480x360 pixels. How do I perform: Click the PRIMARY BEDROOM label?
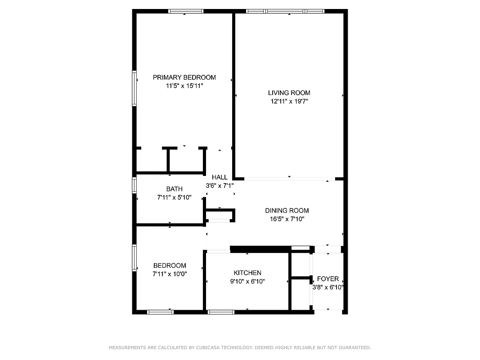[184, 77]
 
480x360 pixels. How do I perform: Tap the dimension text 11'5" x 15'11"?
[184, 85]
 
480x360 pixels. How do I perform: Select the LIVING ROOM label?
[289, 93]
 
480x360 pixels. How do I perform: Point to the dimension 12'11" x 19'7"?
[289, 102]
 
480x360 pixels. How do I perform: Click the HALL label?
[220, 177]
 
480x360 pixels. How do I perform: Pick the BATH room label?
[174, 189]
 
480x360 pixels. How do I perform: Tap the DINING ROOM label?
[287, 211]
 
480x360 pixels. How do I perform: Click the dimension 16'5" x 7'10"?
[287, 219]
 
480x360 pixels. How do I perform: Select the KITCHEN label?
[247, 273]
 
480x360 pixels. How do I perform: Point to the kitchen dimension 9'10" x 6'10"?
[247, 282]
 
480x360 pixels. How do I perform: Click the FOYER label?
[328, 279]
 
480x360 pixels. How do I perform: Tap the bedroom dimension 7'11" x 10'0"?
[170, 274]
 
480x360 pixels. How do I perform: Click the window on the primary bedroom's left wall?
[134, 89]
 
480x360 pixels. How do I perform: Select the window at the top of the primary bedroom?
[185, 11]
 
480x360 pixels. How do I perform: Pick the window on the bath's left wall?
[134, 185]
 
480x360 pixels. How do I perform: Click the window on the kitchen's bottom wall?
[221, 311]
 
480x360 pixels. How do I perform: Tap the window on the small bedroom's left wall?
[134, 257]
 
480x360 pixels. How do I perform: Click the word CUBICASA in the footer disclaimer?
[208, 347]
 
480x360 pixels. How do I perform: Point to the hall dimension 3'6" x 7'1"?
[220, 185]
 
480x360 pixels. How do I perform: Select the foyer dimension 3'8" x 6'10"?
[328, 287]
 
